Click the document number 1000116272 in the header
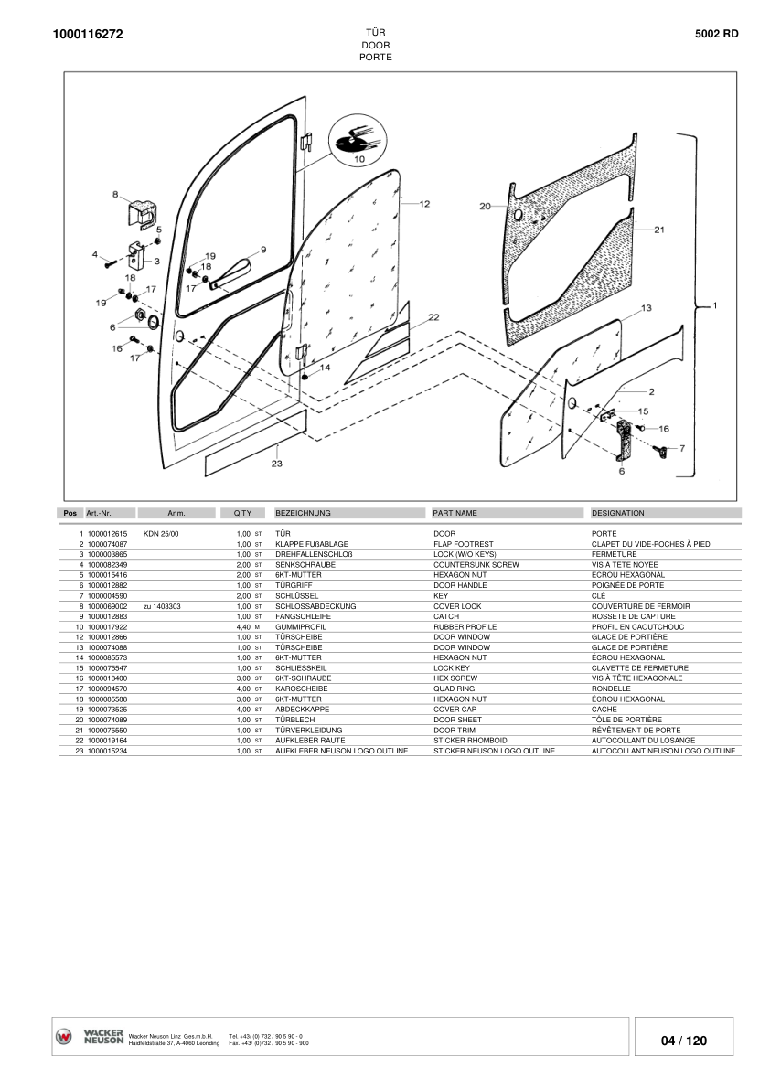click(88, 35)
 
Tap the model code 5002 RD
click(717, 34)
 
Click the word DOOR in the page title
click(376, 45)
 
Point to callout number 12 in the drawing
click(424, 205)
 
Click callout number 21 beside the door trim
click(658, 230)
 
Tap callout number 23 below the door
click(276, 463)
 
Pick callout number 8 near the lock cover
click(115, 194)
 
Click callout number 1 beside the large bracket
click(714, 304)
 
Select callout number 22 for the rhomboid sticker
click(433, 316)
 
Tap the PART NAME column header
click(455, 513)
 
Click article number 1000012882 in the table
click(107, 584)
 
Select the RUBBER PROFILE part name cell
click(465, 626)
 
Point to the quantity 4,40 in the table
click(243, 626)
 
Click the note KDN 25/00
click(162, 533)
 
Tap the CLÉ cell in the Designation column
click(599, 595)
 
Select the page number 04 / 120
click(684, 1041)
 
